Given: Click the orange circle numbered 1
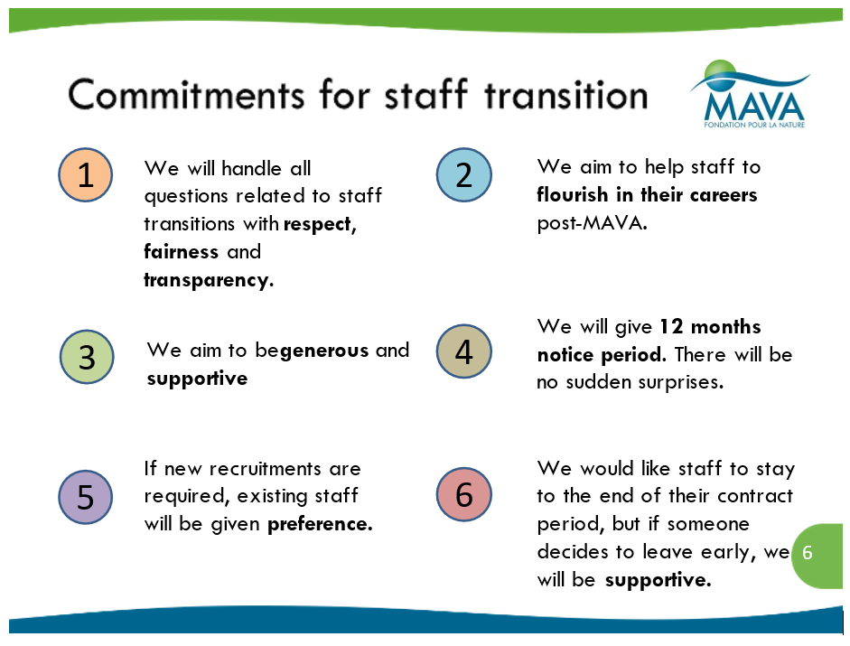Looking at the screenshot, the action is coord(86,174).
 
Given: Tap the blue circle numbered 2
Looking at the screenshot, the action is coord(464,174).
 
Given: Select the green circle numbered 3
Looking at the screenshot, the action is coord(87,357).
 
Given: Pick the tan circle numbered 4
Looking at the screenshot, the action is coord(464,351).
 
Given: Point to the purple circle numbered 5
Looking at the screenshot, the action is coord(86,497).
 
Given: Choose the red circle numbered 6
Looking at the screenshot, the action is coord(464,494).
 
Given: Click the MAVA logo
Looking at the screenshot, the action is coord(751,94).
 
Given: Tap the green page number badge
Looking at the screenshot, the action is coord(817,556).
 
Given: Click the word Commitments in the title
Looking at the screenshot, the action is coord(186,95).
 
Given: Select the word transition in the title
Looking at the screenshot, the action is coord(566,95).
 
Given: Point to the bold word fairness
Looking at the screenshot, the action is coord(181,252).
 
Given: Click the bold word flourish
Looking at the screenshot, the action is coord(573,194).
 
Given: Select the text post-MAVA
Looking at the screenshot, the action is coord(592,223).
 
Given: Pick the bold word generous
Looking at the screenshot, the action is coord(324,351).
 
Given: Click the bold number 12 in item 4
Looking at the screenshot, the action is coord(671,326).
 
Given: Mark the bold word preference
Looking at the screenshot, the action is coord(320,524).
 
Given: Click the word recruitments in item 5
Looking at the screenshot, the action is coord(265,469).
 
